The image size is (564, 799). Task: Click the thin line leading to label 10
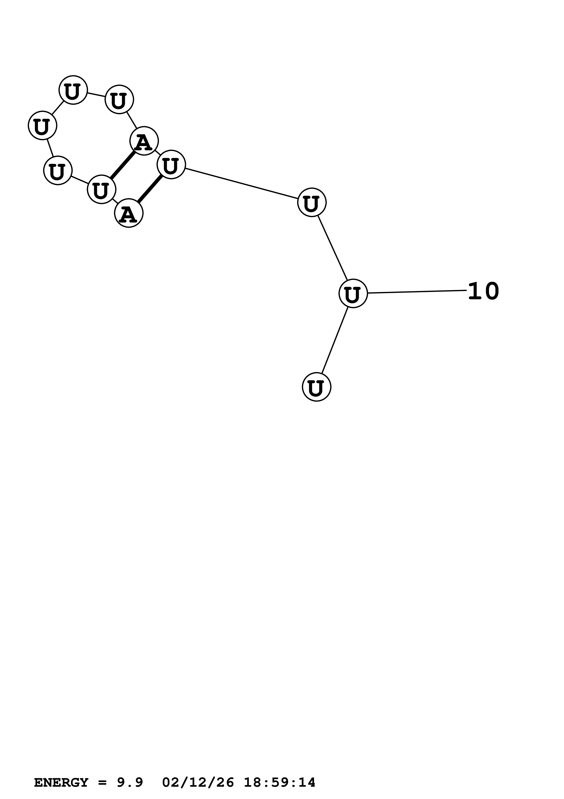point(417,292)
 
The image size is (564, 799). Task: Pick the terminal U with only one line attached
point(316,387)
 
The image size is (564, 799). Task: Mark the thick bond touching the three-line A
point(123,165)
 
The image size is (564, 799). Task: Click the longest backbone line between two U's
point(241,183)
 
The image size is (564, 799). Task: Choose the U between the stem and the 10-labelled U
point(312,202)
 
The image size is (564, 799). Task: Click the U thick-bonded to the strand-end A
point(171,165)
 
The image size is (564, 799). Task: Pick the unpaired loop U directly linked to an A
point(119,100)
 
